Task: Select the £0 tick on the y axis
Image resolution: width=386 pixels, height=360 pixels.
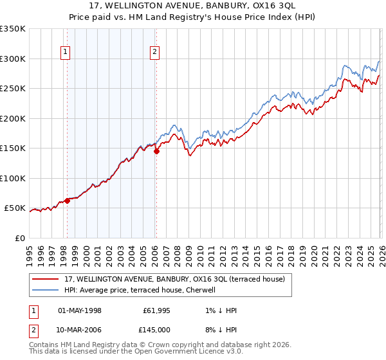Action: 20,238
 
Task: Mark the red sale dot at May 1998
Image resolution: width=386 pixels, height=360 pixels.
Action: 67,201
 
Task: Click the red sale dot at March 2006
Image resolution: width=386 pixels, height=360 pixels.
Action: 156,152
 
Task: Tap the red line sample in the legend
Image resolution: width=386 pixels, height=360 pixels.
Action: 47,279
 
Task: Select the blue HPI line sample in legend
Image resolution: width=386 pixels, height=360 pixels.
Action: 47,290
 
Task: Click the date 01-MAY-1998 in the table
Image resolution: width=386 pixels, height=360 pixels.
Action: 80,310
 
